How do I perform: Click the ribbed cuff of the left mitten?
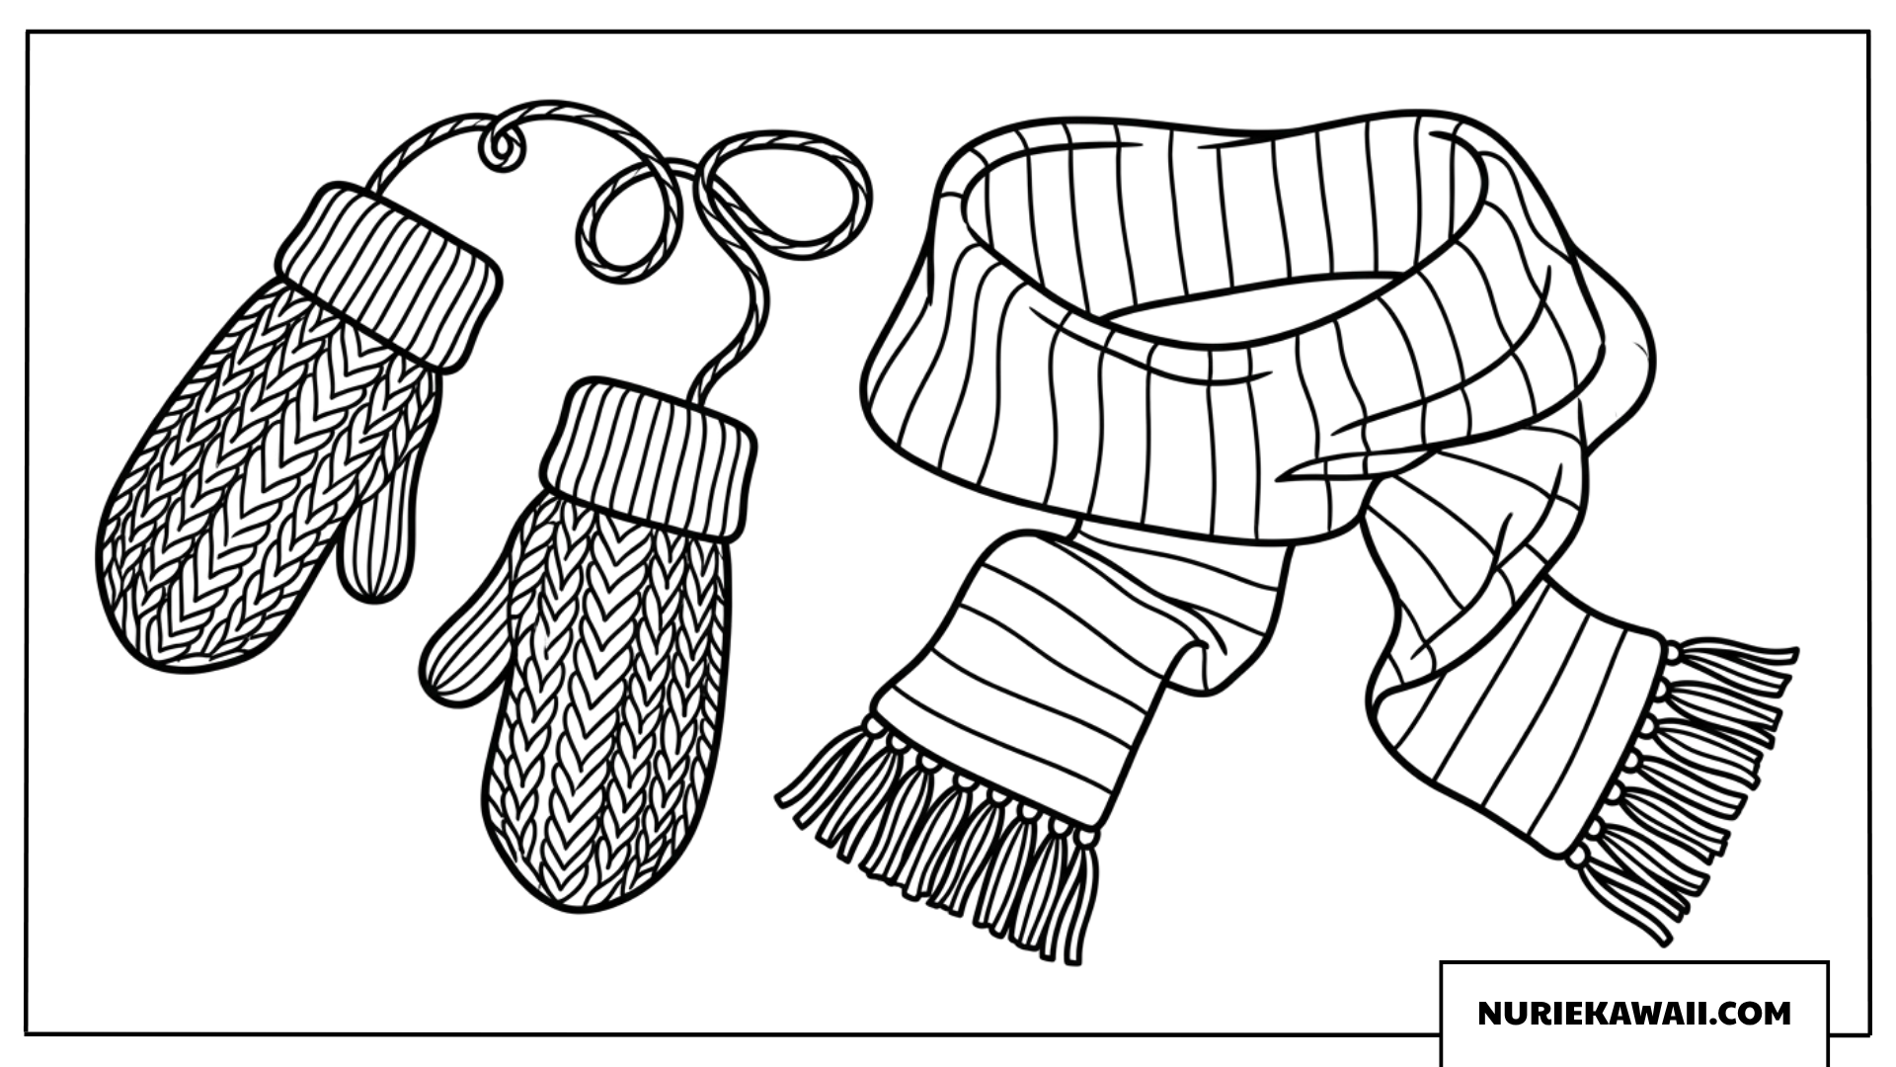(388, 277)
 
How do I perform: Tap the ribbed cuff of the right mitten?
(649, 458)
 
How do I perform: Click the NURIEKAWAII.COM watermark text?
(1634, 1014)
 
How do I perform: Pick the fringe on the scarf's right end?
(1684, 780)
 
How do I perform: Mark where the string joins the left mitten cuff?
(373, 188)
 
